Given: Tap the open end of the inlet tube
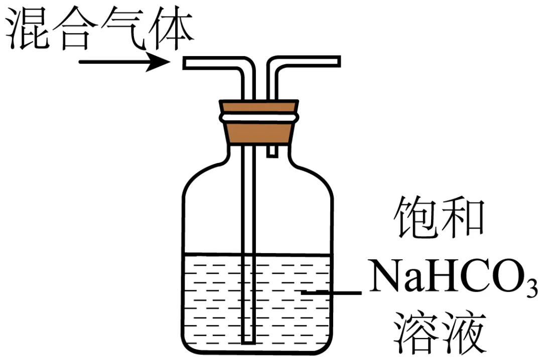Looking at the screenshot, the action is click(x=186, y=63).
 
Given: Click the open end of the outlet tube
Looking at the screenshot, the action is click(x=338, y=62).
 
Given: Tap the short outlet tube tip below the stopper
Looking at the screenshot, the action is click(x=272, y=152).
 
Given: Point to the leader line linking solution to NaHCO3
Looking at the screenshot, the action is click(x=331, y=292).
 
